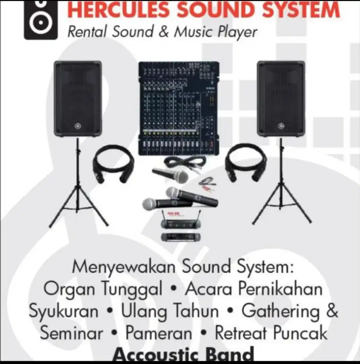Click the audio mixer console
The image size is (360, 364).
click(x=179, y=108)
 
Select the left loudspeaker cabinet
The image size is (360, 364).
click(x=78, y=99)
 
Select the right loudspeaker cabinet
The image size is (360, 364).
click(x=281, y=99)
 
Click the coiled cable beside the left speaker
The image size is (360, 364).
click(x=113, y=163)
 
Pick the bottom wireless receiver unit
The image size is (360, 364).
click(x=176, y=237)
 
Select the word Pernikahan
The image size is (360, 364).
click(x=280, y=289)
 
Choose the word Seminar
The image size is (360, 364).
click(x=71, y=333)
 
